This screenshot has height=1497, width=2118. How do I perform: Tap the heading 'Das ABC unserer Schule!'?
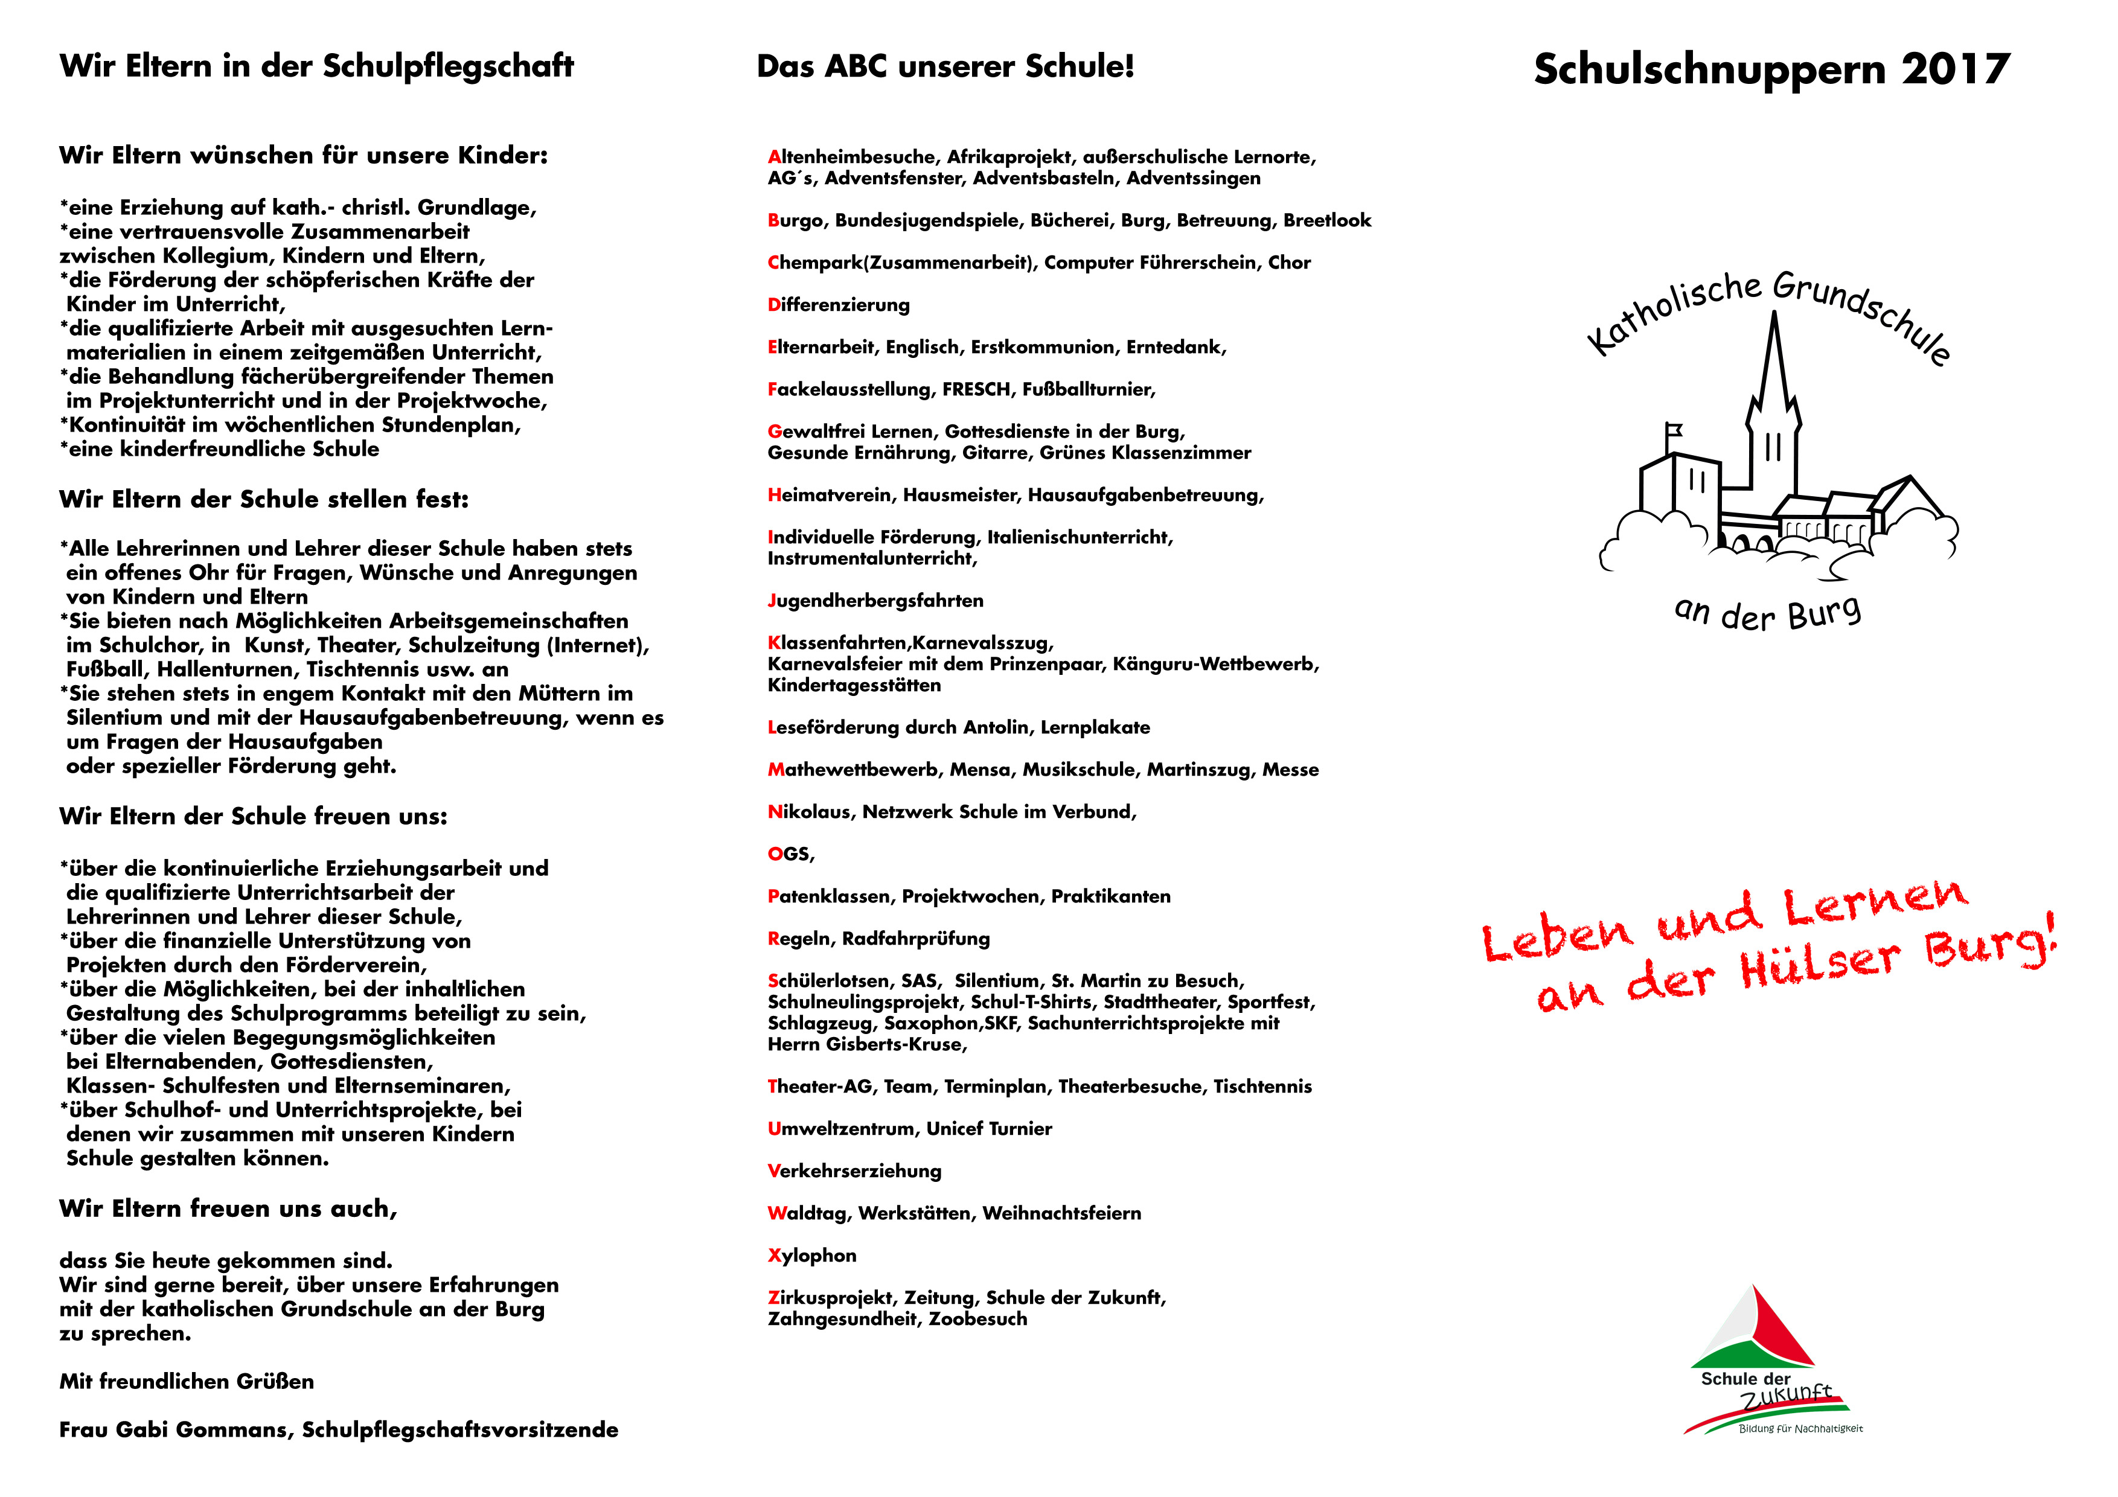(x=945, y=66)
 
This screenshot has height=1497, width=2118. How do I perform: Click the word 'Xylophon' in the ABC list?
(x=812, y=1256)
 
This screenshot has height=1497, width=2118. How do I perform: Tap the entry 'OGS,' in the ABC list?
(x=790, y=854)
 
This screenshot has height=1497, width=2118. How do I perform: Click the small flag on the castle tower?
(x=1674, y=430)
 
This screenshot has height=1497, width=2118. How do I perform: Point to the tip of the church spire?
(x=1774, y=316)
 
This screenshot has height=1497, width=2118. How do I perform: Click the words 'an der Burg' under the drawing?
(x=1767, y=613)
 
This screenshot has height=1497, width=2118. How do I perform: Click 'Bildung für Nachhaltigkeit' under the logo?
(x=1800, y=1429)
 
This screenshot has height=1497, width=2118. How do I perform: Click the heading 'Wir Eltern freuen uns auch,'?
(x=228, y=1209)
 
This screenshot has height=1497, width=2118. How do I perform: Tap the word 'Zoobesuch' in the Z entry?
(x=978, y=1319)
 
